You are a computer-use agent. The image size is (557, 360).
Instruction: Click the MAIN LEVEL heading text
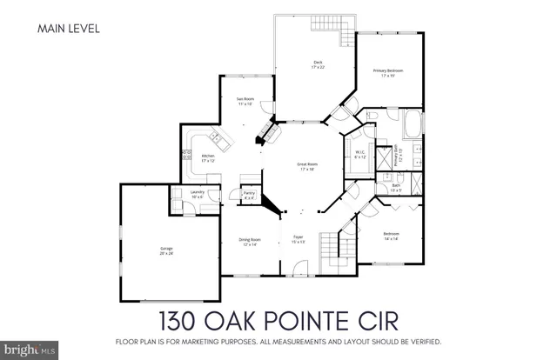(69, 29)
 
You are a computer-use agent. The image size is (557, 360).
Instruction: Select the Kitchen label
(208, 157)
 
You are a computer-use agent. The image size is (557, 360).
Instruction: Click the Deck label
(318, 63)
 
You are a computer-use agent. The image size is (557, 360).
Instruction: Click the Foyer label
(298, 240)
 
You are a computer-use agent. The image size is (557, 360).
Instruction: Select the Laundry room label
(197, 194)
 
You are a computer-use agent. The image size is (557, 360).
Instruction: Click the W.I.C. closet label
(359, 154)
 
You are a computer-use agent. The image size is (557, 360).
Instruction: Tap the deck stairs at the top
(347, 34)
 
